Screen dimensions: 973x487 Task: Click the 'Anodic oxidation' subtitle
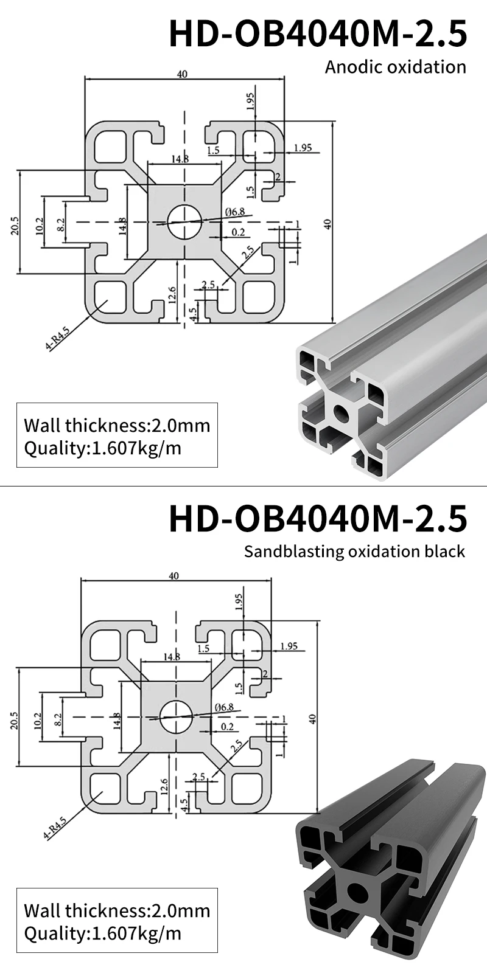pos(395,66)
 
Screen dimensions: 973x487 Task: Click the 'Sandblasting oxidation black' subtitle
pos(354,551)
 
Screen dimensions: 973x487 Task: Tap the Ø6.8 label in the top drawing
pos(234,212)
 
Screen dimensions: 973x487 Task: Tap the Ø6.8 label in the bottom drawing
pos(224,707)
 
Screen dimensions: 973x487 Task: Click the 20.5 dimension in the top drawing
pos(15,226)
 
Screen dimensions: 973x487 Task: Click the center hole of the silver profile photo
pos(341,414)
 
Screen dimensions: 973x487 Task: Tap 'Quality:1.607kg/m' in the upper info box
pos(102,448)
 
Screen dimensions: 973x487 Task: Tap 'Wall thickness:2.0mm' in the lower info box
pos(116,910)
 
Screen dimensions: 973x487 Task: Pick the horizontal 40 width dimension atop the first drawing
pos(182,74)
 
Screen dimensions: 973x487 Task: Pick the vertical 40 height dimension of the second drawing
pos(313,718)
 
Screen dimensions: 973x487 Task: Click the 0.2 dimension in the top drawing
pos(237,232)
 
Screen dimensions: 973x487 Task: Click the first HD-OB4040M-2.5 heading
pos(318,33)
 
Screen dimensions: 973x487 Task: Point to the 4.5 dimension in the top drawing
pos(194,314)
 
